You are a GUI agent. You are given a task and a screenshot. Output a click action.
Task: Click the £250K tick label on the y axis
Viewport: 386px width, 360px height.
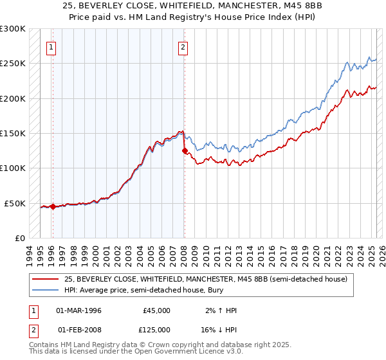point(13,64)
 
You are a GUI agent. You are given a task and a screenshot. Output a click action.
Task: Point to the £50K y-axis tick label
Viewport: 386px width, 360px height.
point(15,203)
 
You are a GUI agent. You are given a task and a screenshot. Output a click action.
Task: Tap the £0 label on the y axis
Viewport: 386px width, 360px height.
point(19,238)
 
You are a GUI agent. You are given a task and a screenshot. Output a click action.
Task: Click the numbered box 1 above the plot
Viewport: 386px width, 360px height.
point(51,46)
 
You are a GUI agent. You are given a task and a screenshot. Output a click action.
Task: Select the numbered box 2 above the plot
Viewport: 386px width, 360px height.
point(183,46)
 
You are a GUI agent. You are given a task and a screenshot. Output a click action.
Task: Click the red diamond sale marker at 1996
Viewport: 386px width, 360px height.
point(53,206)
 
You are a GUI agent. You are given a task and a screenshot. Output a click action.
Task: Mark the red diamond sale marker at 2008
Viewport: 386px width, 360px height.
point(185,151)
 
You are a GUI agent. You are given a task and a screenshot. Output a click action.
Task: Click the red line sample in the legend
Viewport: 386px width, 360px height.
point(45,279)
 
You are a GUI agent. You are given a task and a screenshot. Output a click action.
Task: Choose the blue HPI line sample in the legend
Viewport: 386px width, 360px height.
point(45,291)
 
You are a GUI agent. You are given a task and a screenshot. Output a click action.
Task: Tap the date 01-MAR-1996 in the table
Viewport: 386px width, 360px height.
point(79,310)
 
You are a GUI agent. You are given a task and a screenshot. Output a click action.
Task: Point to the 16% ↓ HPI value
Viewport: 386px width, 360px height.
point(219,329)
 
